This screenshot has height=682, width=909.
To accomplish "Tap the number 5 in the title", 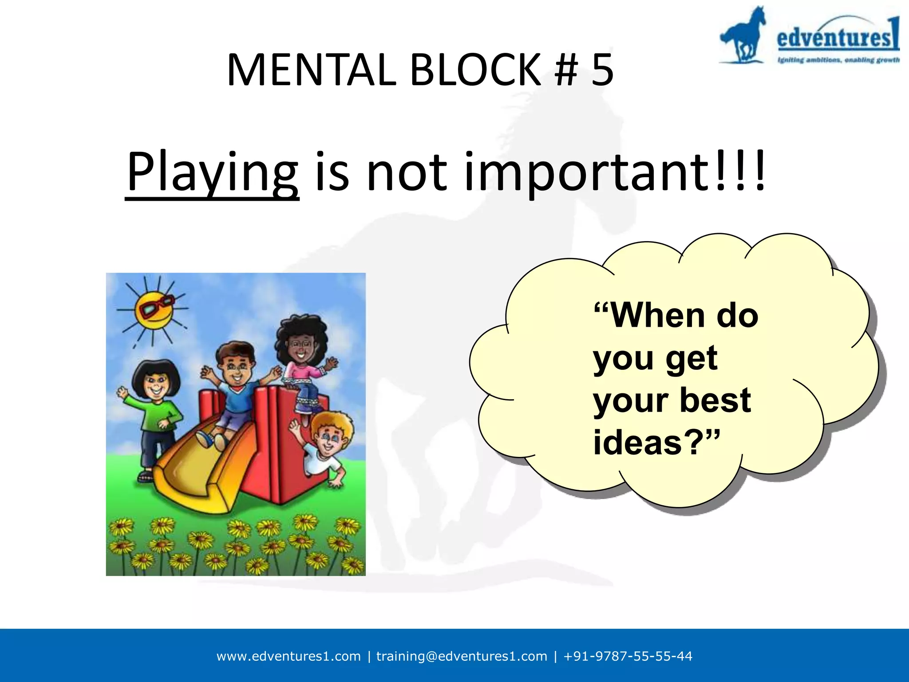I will (x=602, y=70).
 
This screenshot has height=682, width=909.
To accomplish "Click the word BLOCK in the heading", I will (x=475, y=70).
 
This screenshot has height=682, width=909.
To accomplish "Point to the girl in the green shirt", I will (x=156, y=408).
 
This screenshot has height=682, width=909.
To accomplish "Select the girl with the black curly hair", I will (x=302, y=355).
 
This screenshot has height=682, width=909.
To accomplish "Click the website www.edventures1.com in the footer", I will (x=289, y=656).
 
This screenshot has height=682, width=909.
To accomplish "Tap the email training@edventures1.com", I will (x=462, y=656).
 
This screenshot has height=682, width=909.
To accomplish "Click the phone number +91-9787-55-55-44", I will (x=628, y=656).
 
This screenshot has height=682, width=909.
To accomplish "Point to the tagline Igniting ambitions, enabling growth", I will (x=838, y=60).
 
